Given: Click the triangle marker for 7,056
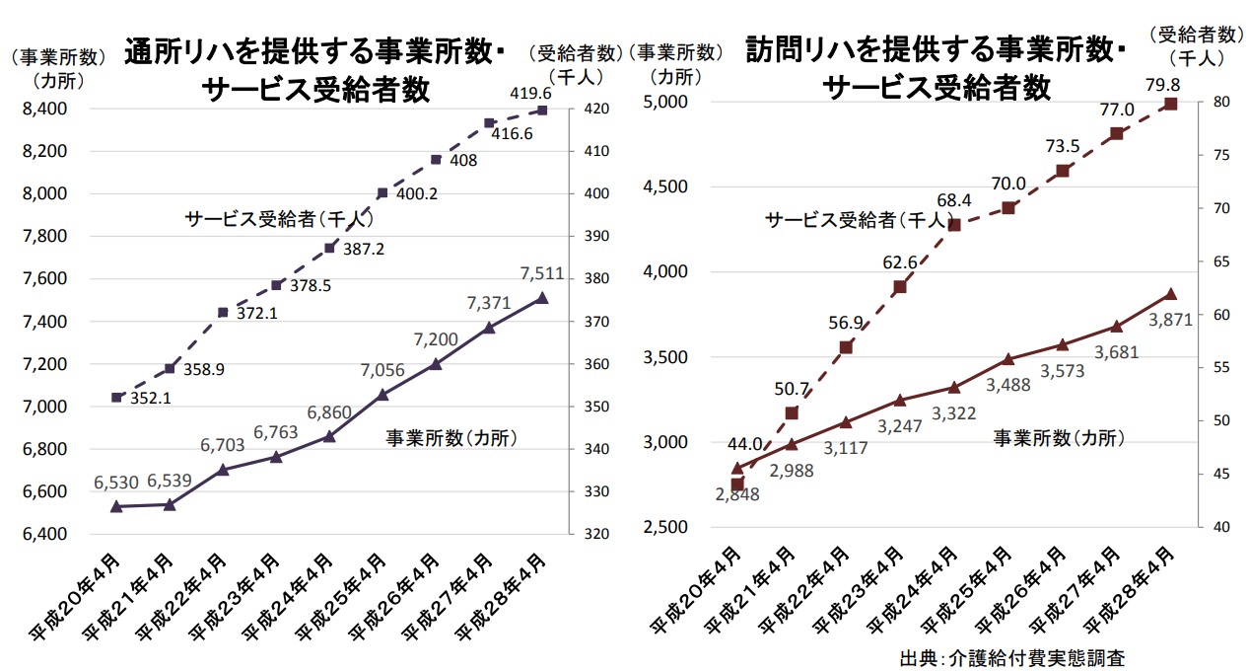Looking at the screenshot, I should tap(382, 395).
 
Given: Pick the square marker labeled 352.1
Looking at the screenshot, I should tap(116, 398).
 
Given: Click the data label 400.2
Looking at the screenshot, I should tap(416, 193).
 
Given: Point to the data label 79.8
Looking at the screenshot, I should tap(1163, 84).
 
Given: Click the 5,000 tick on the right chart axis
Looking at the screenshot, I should tap(667, 102).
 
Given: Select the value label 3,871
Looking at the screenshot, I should tap(1171, 319).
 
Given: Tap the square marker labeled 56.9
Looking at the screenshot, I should tap(846, 347).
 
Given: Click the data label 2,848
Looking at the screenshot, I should tap(738, 494).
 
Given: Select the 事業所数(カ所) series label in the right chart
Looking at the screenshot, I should tap(1059, 437).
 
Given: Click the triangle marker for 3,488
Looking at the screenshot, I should tap(1008, 359).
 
